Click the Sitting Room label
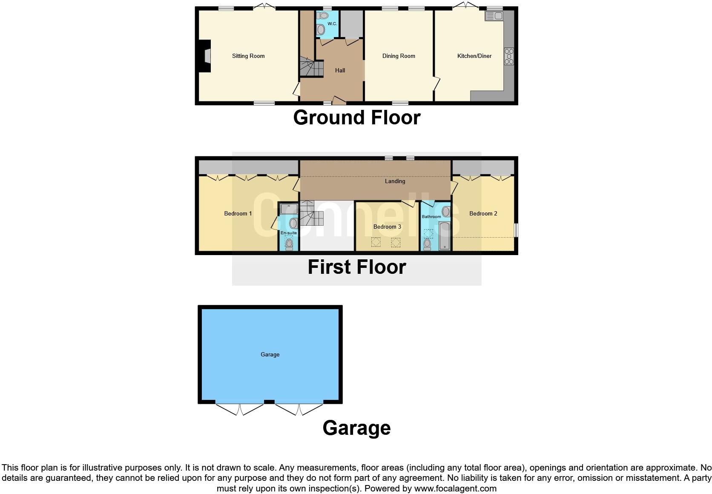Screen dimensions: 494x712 pyautogui.click(x=248, y=56)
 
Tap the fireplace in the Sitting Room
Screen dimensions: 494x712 pyautogui.click(x=206, y=56)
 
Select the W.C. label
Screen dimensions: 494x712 pyautogui.click(x=332, y=24)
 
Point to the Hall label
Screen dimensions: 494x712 pyautogui.click(x=340, y=70)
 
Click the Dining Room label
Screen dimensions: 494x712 pyautogui.click(x=398, y=56)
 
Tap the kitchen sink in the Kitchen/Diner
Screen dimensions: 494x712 pyautogui.click(x=494, y=16)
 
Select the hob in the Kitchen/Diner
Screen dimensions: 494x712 pyautogui.click(x=509, y=56)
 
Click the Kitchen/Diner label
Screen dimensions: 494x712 pyautogui.click(x=474, y=56)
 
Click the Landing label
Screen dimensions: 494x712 pyautogui.click(x=395, y=181)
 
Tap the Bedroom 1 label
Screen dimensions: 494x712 pyautogui.click(x=238, y=213)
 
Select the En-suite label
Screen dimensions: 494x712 pyautogui.click(x=289, y=233)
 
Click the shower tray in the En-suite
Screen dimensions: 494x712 pyautogui.click(x=289, y=209)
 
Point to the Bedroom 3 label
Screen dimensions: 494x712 pyautogui.click(x=387, y=227)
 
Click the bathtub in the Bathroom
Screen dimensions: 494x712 pyautogui.click(x=445, y=235)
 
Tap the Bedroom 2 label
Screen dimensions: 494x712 pyautogui.click(x=483, y=213)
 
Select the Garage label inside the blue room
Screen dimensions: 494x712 pyautogui.click(x=270, y=354)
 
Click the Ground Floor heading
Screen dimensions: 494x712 pyautogui.click(x=357, y=118)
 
